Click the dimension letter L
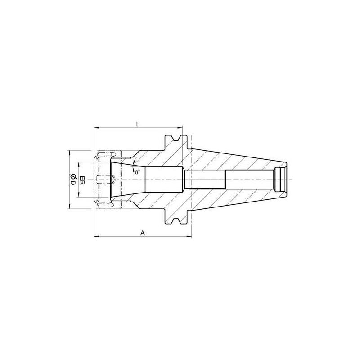click(138, 123)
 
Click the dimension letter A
click(142, 233)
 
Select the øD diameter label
click(72, 180)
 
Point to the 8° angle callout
click(137, 171)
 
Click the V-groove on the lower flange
click(175, 221)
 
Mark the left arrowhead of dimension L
click(96, 128)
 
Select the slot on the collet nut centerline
click(108, 180)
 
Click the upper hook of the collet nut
click(102, 156)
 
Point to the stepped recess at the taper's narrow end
click(281, 180)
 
